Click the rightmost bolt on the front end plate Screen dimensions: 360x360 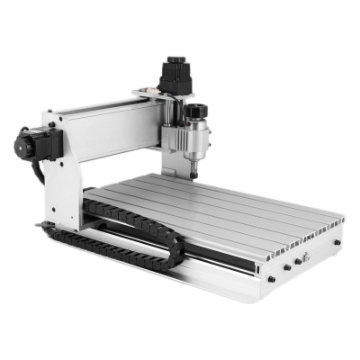pos(338,243)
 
